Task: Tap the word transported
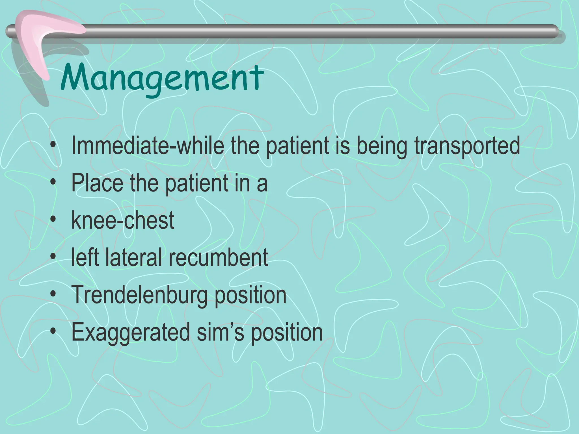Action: (467, 146)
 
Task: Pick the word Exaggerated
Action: (130, 333)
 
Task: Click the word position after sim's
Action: (287, 333)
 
